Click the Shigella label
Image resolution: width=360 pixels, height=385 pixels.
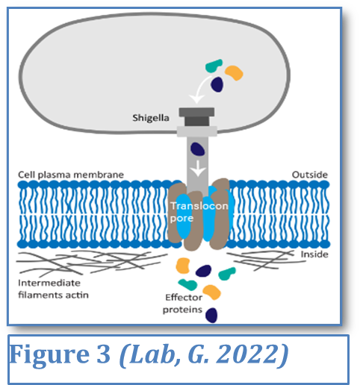point(151,118)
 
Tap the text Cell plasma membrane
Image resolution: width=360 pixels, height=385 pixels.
point(71,175)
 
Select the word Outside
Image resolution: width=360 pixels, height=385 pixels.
point(310,175)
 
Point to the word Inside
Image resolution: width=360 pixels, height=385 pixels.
point(314,254)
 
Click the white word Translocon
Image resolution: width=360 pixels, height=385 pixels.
point(199,206)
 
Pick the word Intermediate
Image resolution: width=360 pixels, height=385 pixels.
point(49,283)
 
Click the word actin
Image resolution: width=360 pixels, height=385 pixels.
point(77,295)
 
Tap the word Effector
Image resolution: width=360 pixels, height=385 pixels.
point(184,297)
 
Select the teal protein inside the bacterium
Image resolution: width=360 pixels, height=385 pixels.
point(214,66)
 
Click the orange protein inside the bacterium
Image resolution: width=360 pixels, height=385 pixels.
point(234,72)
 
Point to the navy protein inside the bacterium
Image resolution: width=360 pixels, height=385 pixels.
point(217,84)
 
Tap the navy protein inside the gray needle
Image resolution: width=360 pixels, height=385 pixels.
point(198,149)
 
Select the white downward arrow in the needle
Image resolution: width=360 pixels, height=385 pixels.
point(198,168)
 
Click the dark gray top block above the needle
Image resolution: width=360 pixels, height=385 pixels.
point(196,112)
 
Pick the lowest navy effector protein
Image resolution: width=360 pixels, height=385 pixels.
point(211,315)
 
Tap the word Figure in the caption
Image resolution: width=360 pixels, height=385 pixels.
point(49,354)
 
